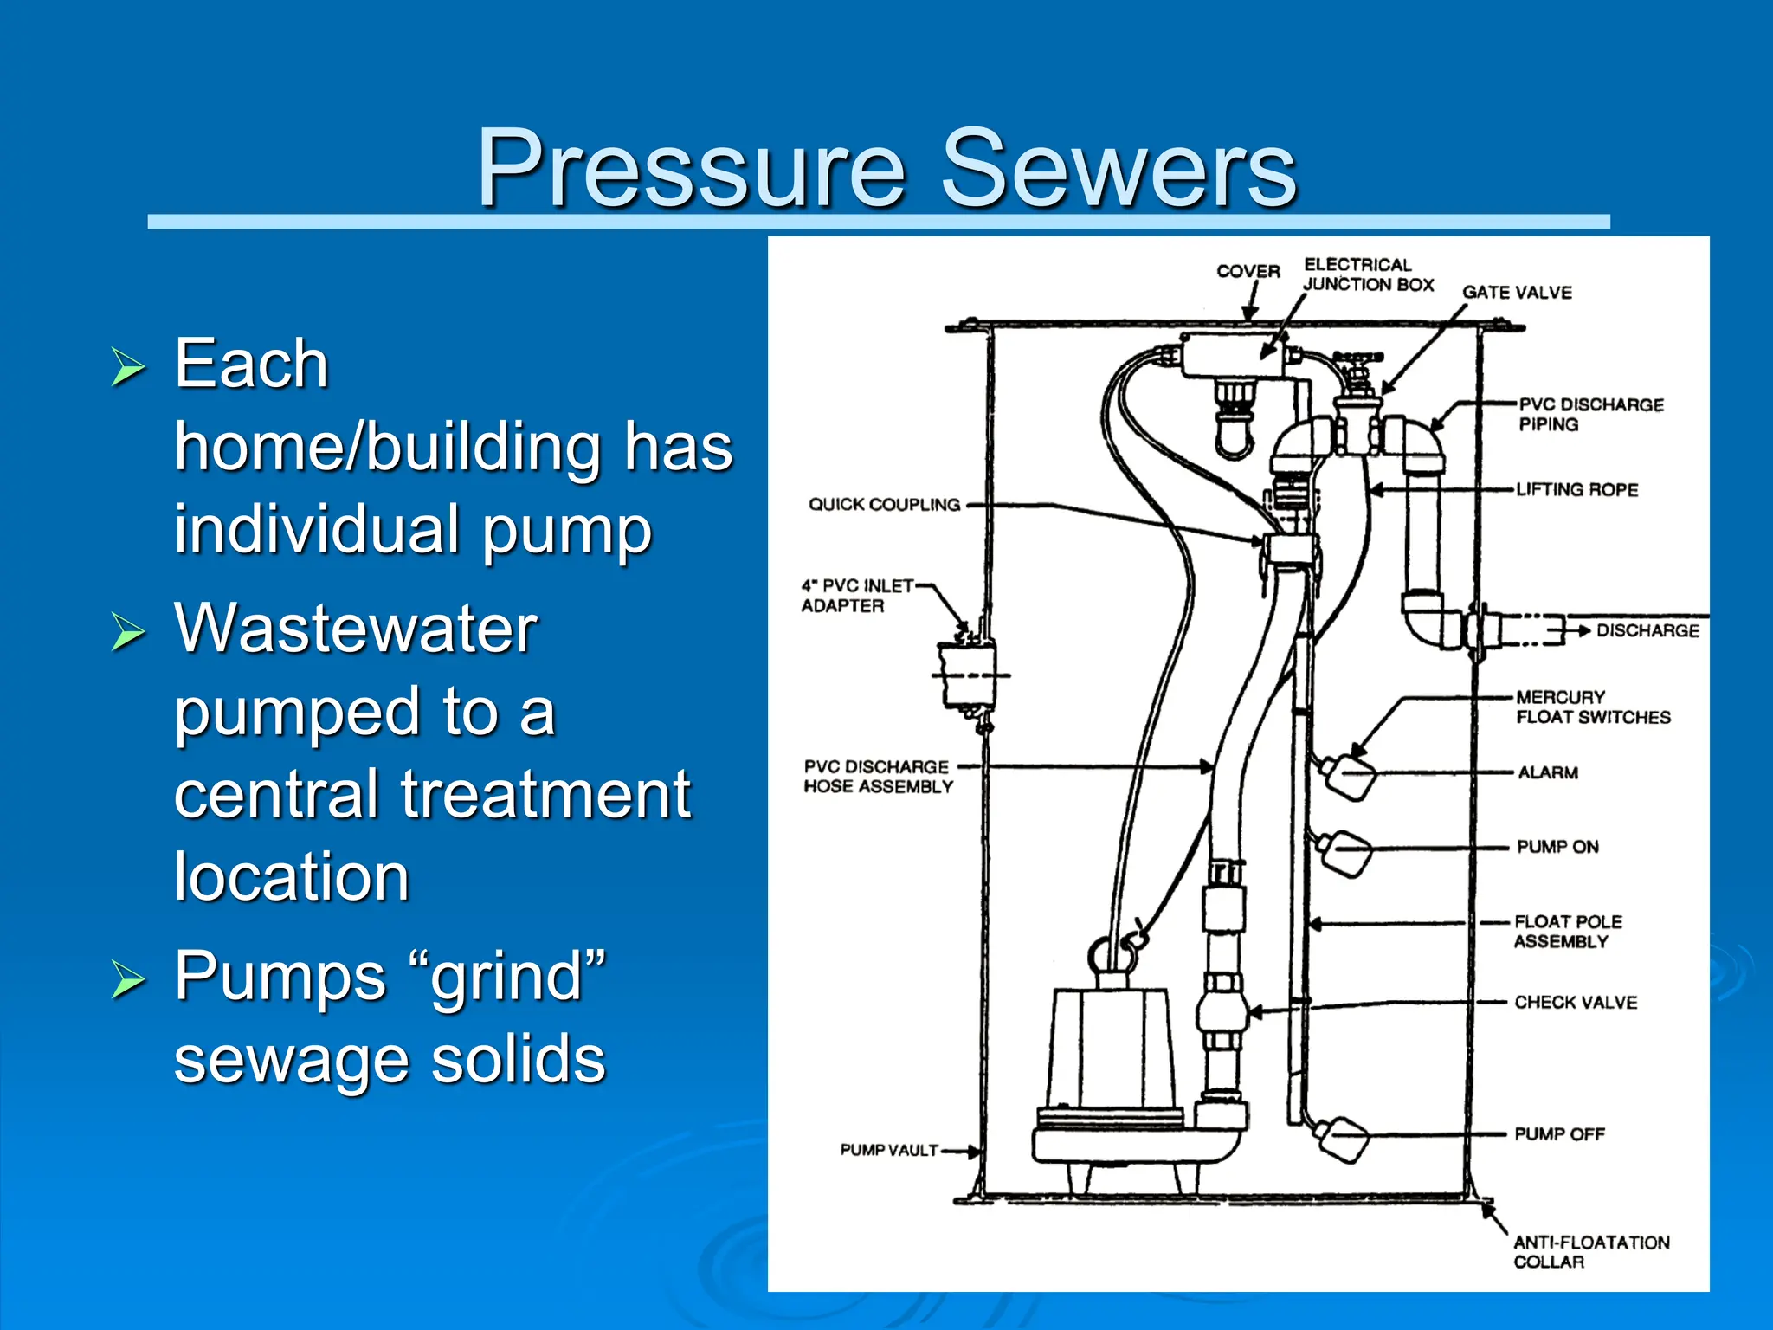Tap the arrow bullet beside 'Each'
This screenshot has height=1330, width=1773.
pyautogui.click(x=128, y=367)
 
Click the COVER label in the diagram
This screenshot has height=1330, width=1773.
pyautogui.click(x=1248, y=271)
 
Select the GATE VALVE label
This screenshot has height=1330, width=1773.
pyautogui.click(x=1517, y=293)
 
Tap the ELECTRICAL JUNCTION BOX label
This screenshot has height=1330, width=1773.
pyautogui.click(x=1368, y=274)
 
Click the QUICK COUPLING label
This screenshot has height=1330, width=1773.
pyautogui.click(x=884, y=505)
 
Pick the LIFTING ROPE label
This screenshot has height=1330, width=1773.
pyautogui.click(x=1576, y=490)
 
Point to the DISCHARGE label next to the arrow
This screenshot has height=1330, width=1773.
pyautogui.click(x=1647, y=630)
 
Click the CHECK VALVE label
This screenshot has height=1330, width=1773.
pyautogui.click(x=1576, y=1003)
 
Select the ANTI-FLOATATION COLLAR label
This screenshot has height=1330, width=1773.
pyautogui.click(x=1590, y=1252)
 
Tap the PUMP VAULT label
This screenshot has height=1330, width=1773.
pyautogui.click(x=889, y=1150)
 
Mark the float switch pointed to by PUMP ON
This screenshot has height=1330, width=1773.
pyautogui.click(x=1347, y=852)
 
